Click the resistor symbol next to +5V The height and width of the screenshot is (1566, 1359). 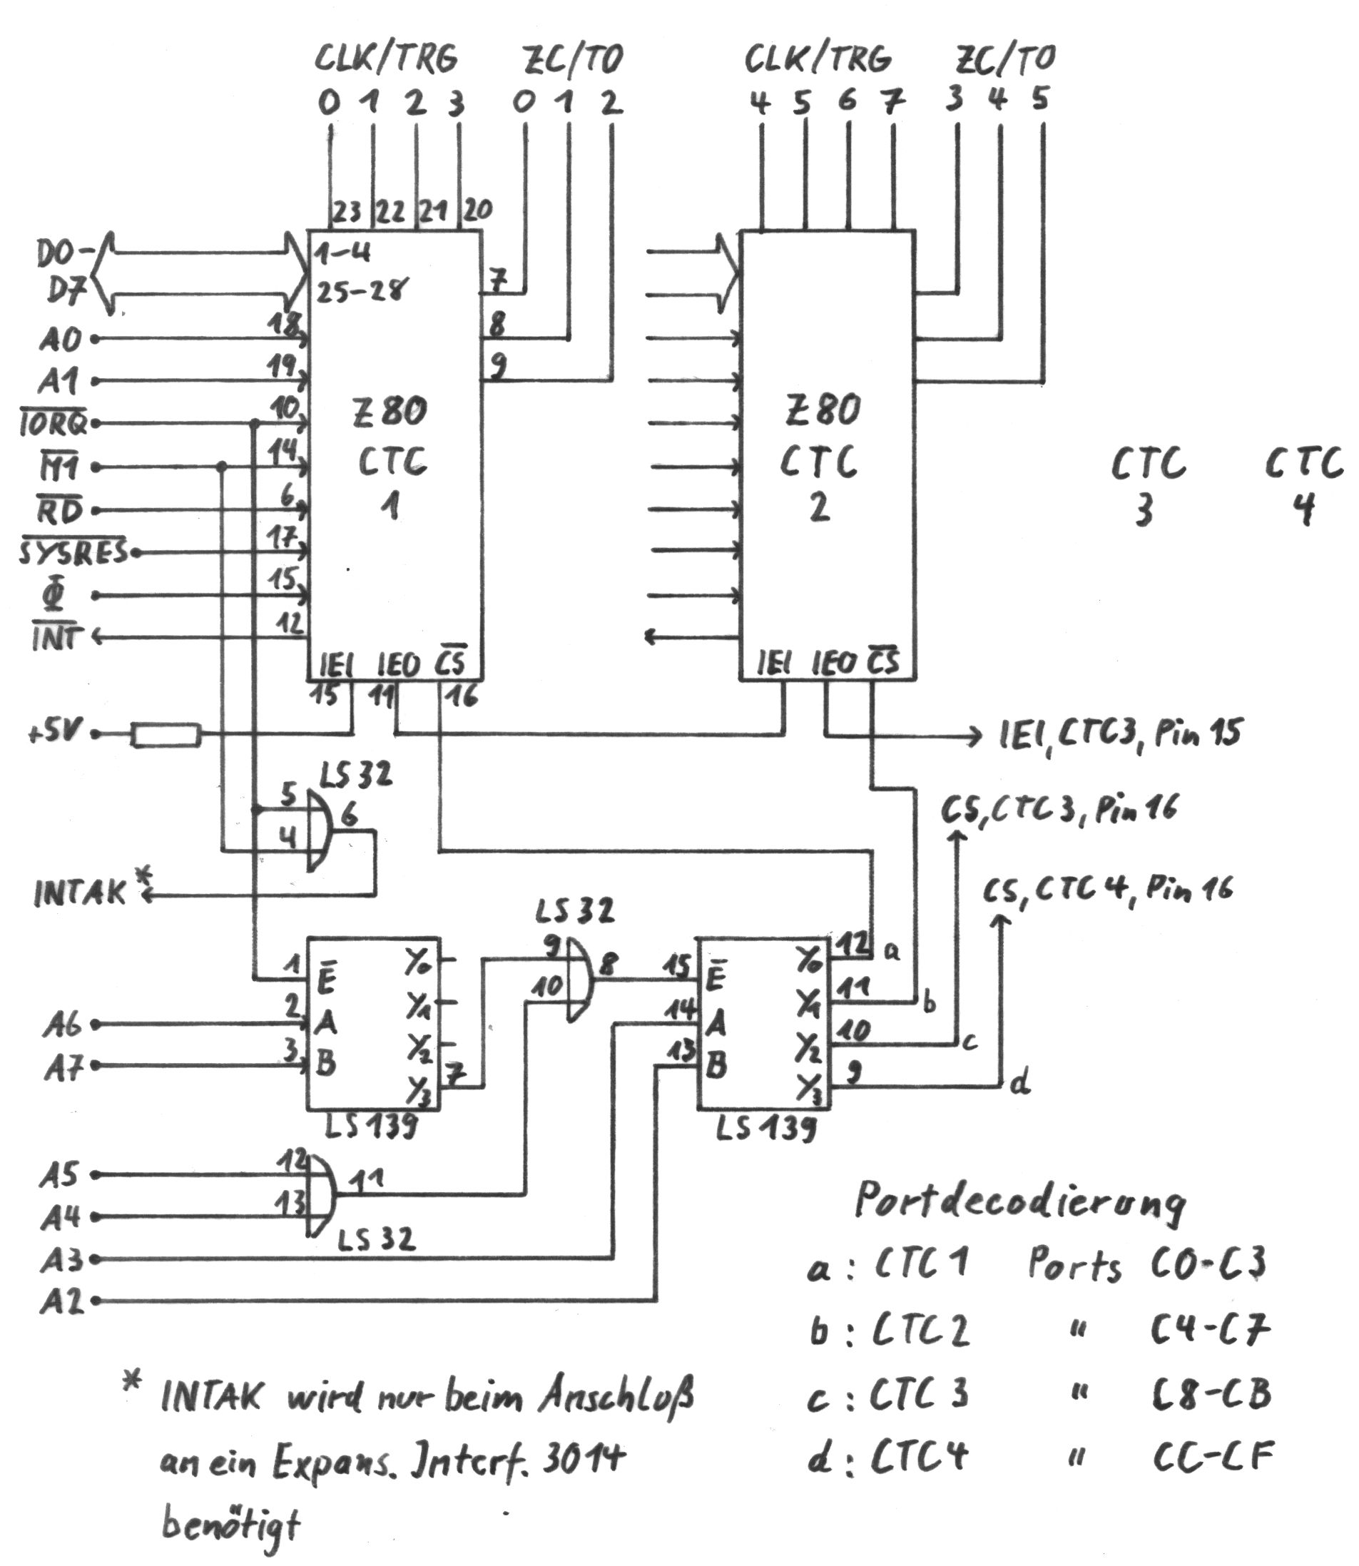(166, 735)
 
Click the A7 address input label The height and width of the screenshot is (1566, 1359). (63, 1069)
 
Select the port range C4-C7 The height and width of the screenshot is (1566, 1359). (1210, 1327)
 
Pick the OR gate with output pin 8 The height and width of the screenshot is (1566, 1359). (579, 979)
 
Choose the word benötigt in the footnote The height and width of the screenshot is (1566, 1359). (230, 1522)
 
